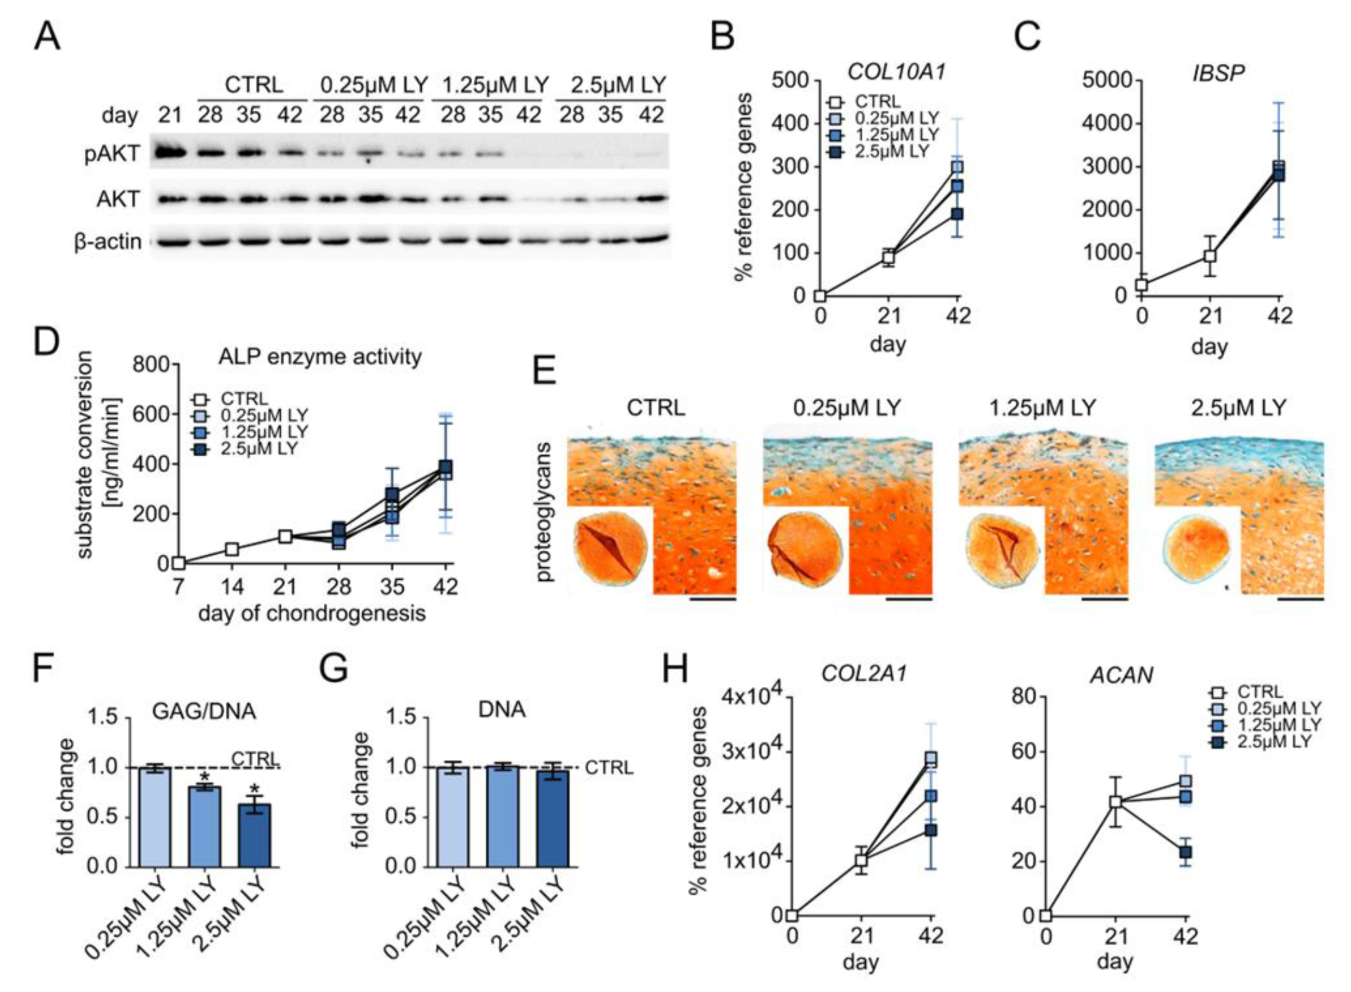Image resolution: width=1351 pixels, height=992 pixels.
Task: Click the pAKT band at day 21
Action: click(x=169, y=152)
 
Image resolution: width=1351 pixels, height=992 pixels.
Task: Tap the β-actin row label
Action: click(x=108, y=242)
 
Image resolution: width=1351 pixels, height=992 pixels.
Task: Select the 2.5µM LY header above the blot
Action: click(x=619, y=85)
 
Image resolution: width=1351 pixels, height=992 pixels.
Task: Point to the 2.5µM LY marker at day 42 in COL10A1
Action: click(x=957, y=214)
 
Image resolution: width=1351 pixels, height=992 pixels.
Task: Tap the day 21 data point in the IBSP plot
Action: click(x=1210, y=256)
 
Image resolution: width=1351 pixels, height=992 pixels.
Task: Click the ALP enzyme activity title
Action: click(x=319, y=357)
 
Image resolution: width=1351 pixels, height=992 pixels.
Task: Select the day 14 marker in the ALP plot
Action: click(x=232, y=549)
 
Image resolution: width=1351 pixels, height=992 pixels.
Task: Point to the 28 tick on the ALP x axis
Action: click(x=338, y=586)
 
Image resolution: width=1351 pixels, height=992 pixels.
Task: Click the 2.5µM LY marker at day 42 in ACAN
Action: click(x=1185, y=852)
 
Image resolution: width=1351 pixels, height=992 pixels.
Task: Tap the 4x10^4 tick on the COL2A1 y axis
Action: click(x=749, y=697)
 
